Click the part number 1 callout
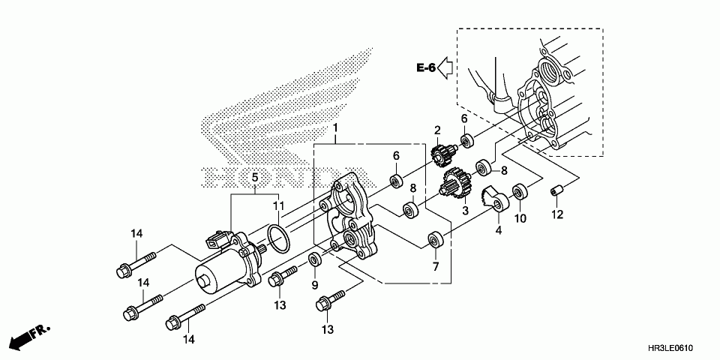[x=336, y=129]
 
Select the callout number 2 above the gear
[x=436, y=131]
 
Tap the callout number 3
[x=465, y=211]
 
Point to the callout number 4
[x=498, y=231]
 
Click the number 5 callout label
[x=255, y=178]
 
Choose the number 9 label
[x=315, y=285]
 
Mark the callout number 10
[x=520, y=218]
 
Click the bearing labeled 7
[x=435, y=241]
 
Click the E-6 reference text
[x=426, y=68]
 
